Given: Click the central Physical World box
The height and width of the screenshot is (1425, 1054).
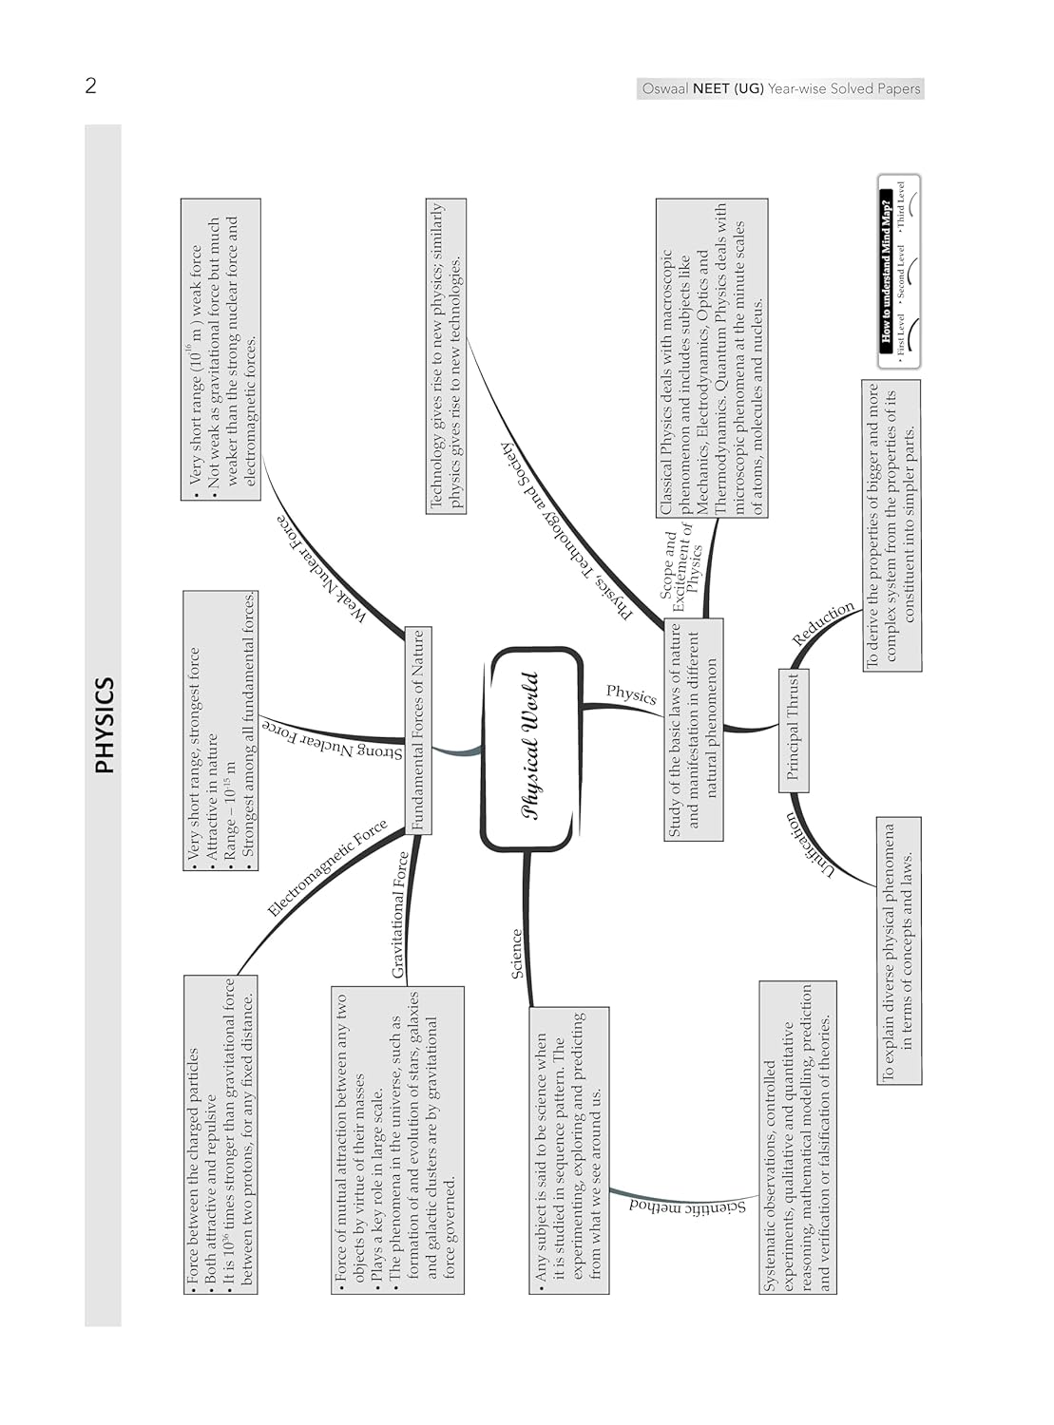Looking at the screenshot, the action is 531,748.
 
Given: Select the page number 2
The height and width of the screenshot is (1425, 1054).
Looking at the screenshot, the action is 90,86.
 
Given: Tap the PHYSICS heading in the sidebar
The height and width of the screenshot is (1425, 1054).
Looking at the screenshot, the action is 104,725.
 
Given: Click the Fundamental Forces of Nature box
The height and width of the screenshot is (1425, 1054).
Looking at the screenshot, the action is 417,730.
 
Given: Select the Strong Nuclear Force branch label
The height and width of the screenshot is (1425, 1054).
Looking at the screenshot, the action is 332,741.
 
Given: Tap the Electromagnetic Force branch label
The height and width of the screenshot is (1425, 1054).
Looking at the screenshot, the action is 327,867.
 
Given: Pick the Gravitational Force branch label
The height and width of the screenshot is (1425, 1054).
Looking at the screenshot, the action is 400,915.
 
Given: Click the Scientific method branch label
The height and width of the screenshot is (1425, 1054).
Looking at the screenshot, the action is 687,1206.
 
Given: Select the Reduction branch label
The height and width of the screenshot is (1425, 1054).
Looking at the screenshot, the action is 823,624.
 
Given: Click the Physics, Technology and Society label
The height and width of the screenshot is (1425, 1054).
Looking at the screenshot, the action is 566,531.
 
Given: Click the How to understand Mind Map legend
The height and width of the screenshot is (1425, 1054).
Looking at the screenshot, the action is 897,272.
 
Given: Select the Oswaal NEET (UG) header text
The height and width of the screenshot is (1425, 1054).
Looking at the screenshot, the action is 780,88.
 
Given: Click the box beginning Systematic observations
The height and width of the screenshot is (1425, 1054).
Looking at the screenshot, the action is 797,1137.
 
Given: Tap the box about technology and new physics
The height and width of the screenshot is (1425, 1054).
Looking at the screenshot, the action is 446,356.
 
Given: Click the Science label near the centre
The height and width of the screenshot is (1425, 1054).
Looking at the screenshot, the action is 517,953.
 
